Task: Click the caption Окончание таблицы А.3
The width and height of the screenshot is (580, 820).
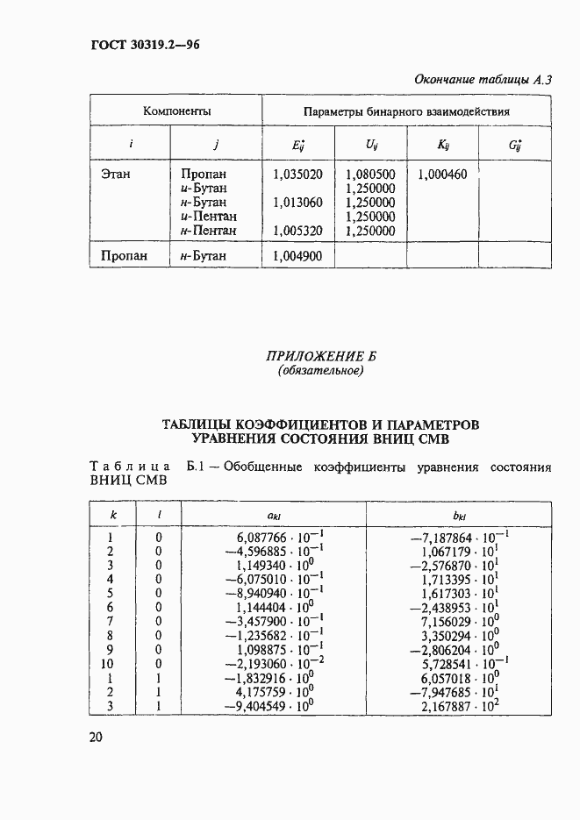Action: (483, 81)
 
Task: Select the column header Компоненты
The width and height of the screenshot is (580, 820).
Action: (177, 111)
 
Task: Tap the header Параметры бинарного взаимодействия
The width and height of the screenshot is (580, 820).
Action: (406, 112)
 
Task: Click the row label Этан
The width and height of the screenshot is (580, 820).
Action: (116, 175)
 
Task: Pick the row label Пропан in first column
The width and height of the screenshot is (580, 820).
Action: (123, 256)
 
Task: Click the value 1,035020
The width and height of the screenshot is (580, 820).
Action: (298, 175)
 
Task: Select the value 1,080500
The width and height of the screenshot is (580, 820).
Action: (370, 175)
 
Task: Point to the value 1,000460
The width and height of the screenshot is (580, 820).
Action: (442, 175)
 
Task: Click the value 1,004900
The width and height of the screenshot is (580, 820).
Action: (298, 256)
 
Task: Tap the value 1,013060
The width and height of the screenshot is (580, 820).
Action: (298, 203)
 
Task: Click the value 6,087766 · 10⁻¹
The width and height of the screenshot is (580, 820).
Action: (276, 537)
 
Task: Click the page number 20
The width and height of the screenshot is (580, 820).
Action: (97, 738)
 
